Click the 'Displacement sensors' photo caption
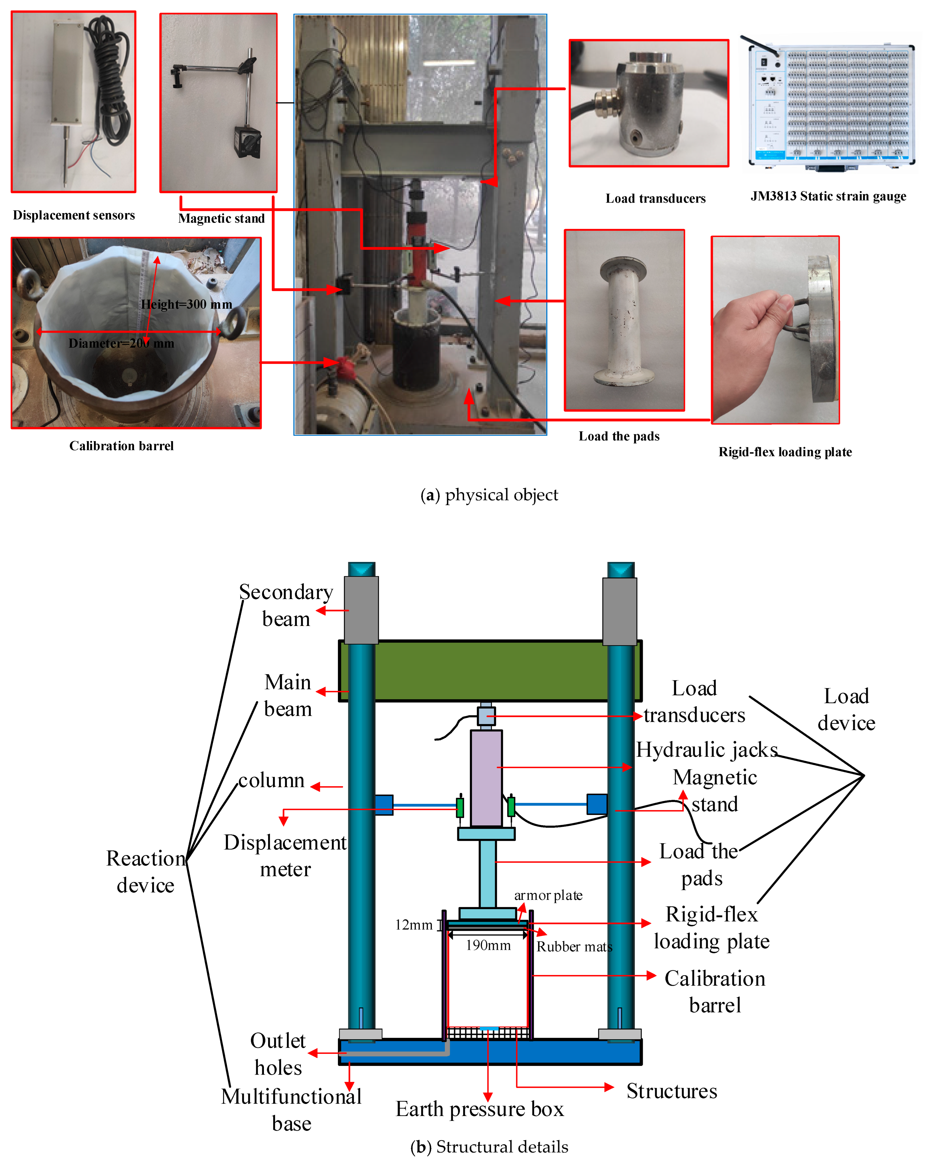(74, 215)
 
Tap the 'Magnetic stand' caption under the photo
(221, 219)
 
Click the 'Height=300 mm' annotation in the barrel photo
(186, 304)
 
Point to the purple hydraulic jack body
(486, 778)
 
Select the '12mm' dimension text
(414, 925)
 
